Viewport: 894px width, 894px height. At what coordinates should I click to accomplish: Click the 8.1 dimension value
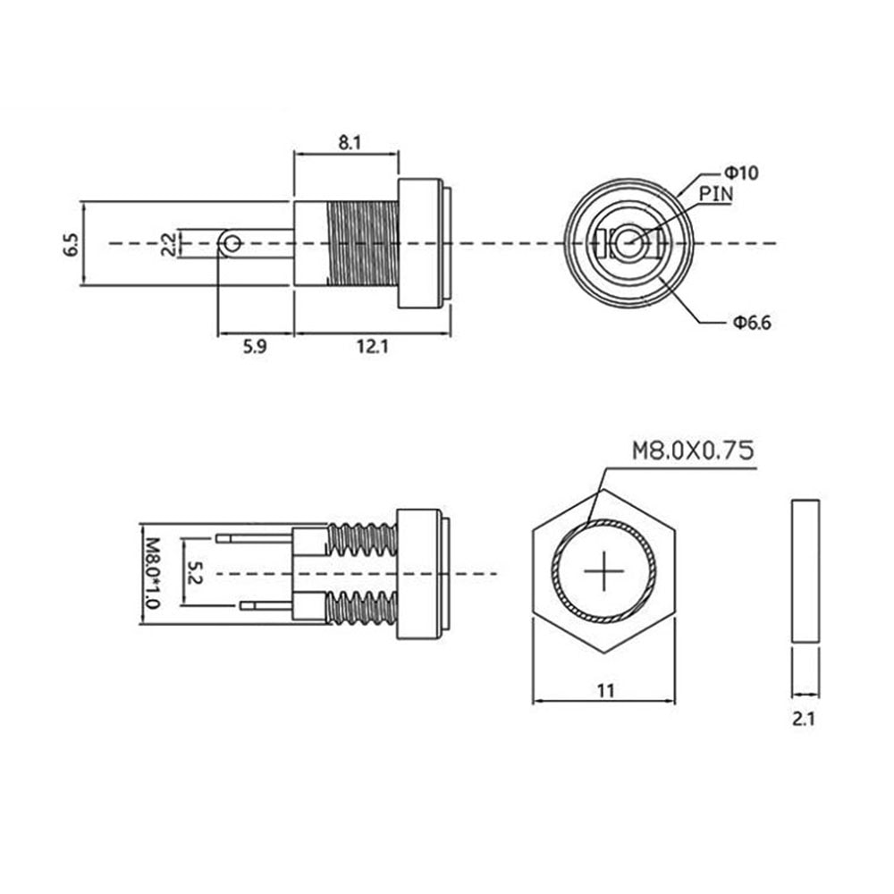(350, 142)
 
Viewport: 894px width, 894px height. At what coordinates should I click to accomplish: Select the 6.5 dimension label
(72, 244)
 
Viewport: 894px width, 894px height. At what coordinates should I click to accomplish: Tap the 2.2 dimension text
(168, 244)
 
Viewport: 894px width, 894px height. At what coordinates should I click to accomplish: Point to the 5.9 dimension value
(254, 346)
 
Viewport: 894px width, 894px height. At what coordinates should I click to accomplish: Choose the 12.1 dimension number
(372, 346)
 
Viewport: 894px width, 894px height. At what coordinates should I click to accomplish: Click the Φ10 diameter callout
(741, 173)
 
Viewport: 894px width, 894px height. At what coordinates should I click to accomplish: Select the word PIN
(716, 194)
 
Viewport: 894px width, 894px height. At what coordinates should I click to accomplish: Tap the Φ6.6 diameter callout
(752, 323)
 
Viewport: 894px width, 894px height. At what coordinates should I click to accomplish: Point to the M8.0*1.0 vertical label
(152, 573)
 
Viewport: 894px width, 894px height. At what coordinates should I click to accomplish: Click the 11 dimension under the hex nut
(605, 691)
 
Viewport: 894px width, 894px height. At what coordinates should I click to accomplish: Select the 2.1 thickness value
(804, 719)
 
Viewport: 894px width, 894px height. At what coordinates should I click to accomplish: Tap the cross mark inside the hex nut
(603, 570)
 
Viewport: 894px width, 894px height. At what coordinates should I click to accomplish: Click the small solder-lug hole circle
(231, 244)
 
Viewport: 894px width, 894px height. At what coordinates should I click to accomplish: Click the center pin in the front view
(628, 243)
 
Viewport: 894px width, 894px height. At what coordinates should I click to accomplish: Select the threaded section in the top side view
(363, 243)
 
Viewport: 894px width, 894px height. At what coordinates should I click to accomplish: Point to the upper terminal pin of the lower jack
(254, 537)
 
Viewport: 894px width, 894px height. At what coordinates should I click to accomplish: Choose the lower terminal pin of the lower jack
(266, 605)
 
